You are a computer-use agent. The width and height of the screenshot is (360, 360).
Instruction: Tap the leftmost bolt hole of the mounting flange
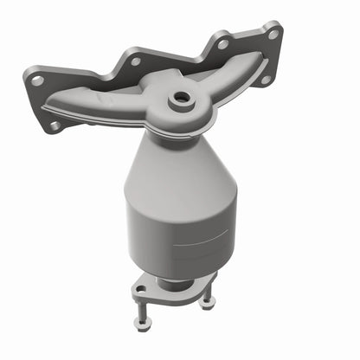point(37,80)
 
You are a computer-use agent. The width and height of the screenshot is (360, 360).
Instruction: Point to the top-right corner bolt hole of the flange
point(273,35)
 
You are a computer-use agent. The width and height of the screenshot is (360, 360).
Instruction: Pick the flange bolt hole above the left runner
point(134,61)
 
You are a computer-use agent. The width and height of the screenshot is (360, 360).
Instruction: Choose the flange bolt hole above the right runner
point(223,43)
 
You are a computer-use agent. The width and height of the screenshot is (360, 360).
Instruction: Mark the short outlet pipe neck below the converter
point(176,283)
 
